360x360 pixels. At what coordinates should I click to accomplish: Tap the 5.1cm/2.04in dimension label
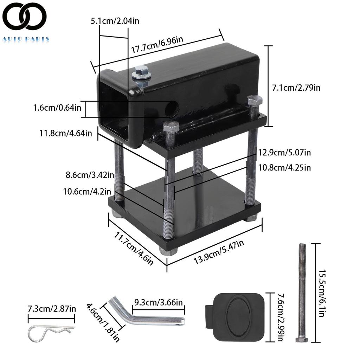[115, 21]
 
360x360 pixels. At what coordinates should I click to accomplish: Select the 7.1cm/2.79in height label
[296, 88]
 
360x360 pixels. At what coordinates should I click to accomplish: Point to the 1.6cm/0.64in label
[57, 108]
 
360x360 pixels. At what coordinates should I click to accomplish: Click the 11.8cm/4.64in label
[66, 133]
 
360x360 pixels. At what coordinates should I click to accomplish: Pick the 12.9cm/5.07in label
[284, 153]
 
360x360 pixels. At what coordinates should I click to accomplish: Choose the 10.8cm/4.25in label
[284, 167]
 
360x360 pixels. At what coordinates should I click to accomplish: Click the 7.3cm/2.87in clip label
[52, 309]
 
